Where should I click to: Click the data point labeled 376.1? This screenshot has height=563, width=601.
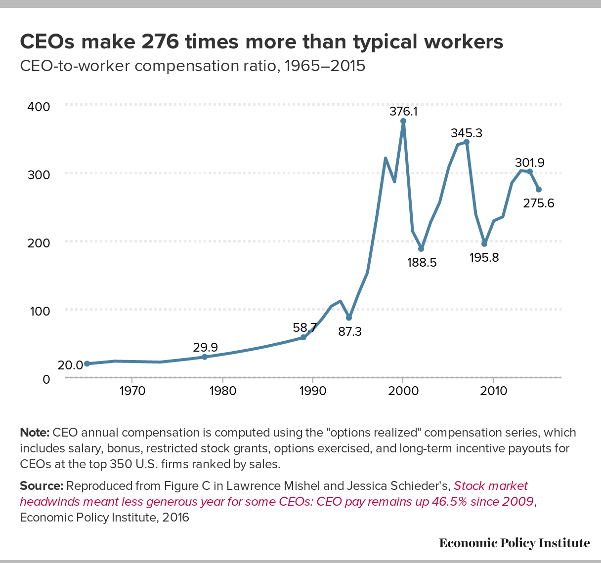click(x=403, y=121)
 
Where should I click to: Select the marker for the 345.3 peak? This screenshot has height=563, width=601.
click(x=467, y=142)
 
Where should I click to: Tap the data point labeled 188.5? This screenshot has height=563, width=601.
click(x=421, y=248)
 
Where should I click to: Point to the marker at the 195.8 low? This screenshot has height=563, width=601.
click(x=484, y=244)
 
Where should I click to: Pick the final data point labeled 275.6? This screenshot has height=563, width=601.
click(x=539, y=190)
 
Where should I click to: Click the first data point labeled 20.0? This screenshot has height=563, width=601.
click(x=87, y=364)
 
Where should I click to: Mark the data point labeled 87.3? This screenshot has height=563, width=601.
click(x=349, y=318)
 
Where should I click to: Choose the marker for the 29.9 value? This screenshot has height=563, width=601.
click(x=205, y=357)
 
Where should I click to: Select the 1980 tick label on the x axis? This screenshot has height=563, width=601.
click(x=222, y=391)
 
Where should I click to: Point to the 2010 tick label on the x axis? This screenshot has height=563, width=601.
click(x=493, y=391)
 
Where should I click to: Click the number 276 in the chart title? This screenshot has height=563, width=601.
click(x=160, y=42)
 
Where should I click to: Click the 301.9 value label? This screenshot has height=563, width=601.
click(x=529, y=162)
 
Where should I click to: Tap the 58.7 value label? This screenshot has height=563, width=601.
click(x=304, y=327)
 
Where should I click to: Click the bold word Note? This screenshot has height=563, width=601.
click(x=34, y=433)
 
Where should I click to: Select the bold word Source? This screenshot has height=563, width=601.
click(x=41, y=486)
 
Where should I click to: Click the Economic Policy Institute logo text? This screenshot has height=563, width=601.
click(x=515, y=543)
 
